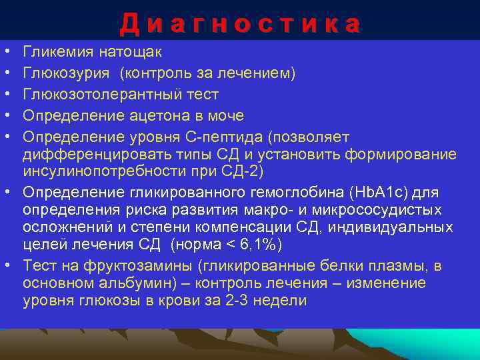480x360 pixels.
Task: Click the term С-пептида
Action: click(x=229, y=137)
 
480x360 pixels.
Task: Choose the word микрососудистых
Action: click(x=383, y=210)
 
